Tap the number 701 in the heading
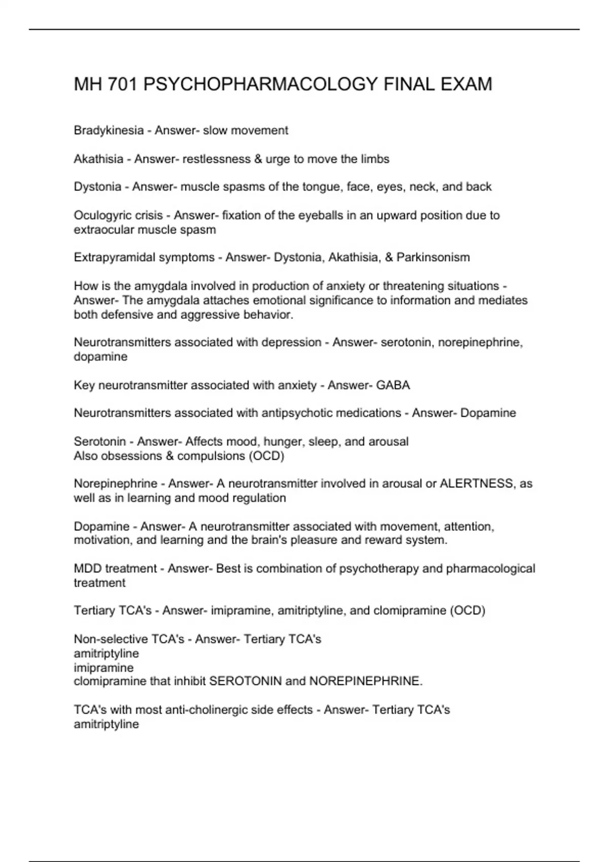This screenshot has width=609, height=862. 122,84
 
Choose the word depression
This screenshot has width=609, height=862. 291,343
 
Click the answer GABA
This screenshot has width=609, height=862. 393,385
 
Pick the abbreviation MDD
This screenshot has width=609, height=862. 88,569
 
